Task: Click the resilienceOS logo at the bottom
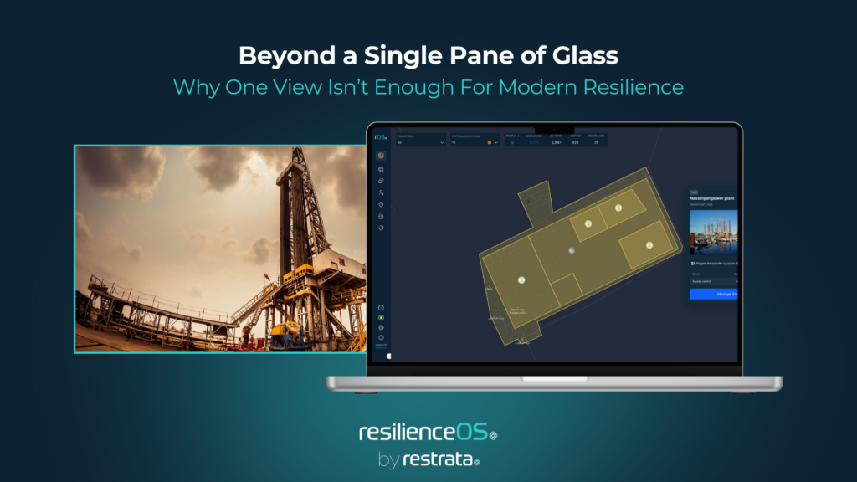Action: click(x=428, y=433)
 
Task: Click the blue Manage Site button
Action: click(x=713, y=294)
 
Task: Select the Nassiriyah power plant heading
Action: click(x=713, y=198)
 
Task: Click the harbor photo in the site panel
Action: click(x=713, y=231)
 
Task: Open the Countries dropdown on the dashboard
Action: click(x=421, y=142)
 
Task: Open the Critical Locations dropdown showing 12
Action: click(x=475, y=142)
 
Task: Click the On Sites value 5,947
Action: click(x=557, y=142)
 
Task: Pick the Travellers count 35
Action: click(x=597, y=142)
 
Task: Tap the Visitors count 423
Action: click(x=576, y=142)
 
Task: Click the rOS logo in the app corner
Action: click(x=381, y=136)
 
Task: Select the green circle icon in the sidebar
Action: click(x=381, y=318)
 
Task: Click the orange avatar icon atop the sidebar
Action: click(x=381, y=156)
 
